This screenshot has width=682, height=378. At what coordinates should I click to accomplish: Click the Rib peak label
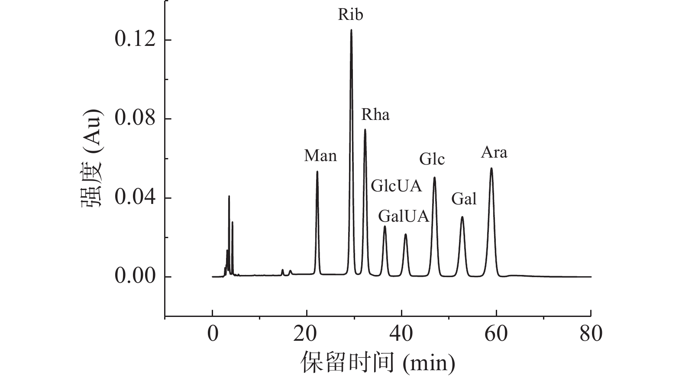[x=350, y=15]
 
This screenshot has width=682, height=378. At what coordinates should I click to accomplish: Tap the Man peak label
[x=320, y=155]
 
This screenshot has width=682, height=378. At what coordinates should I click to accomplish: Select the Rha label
[x=375, y=115]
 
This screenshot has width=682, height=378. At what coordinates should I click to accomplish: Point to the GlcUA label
[x=396, y=186]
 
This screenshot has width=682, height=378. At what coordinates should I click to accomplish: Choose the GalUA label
[x=404, y=216]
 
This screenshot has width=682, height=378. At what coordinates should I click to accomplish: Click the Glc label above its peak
[x=432, y=160]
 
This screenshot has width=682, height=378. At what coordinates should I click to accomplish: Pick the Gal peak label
[x=464, y=199]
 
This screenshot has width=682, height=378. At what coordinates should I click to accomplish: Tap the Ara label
[x=494, y=152]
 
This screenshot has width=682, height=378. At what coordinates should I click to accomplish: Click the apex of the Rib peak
[x=351, y=30]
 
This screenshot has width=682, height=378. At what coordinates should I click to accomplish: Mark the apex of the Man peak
[x=317, y=171]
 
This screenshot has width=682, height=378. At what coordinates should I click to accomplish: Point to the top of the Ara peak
[x=491, y=168]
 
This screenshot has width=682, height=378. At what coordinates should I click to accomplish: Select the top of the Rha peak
[x=365, y=129]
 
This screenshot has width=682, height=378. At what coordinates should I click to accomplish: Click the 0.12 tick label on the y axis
[x=135, y=40]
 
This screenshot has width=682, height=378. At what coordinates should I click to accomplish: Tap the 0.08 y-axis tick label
[x=135, y=119]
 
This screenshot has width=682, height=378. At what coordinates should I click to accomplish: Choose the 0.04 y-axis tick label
[x=135, y=198]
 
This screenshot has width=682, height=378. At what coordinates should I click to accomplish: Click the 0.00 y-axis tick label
[x=135, y=277]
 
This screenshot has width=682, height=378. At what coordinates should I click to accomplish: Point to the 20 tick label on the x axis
[x=307, y=335]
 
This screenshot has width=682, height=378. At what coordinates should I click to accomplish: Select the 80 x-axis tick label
[x=591, y=335]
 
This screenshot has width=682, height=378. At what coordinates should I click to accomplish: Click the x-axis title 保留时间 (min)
[x=378, y=362]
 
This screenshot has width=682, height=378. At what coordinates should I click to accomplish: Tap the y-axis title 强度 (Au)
[x=92, y=158]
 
